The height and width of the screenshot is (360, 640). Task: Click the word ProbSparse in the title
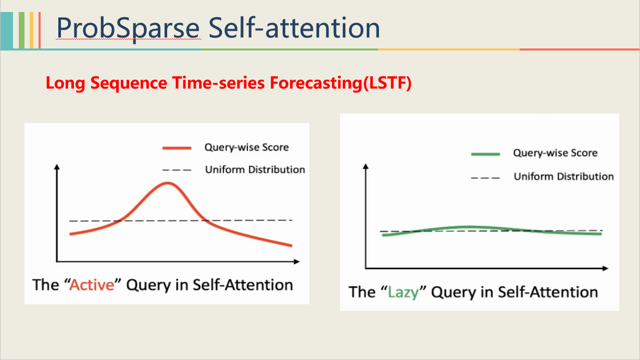pyautogui.click(x=128, y=28)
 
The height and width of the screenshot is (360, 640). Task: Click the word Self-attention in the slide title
pyautogui.click(x=294, y=28)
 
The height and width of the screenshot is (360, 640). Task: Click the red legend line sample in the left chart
pyautogui.click(x=178, y=148)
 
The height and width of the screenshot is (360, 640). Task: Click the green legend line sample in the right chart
pyautogui.click(x=485, y=154)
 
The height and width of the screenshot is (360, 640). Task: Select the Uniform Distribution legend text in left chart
pyautogui.click(x=255, y=170)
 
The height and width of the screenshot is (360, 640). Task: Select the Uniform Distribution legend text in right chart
pyautogui.click(x=563, y=177)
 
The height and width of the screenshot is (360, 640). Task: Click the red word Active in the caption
pyautogui.click(x=92, y=285)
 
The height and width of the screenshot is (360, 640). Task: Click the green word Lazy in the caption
pyautogui.click(x=403, y=292)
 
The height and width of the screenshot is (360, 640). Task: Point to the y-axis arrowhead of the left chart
pyautogui.click(x=56, y=168)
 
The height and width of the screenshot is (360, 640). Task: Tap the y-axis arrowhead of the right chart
pyautogui.click(x=366, y=166)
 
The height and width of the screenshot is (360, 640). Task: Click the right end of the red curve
pyautogui.click(x=291, y=245)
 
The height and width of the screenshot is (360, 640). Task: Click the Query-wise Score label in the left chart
pyautogui.click(x=246, y=147)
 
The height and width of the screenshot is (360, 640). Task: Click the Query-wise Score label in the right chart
pyautogui.click(x=555, y=153)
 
